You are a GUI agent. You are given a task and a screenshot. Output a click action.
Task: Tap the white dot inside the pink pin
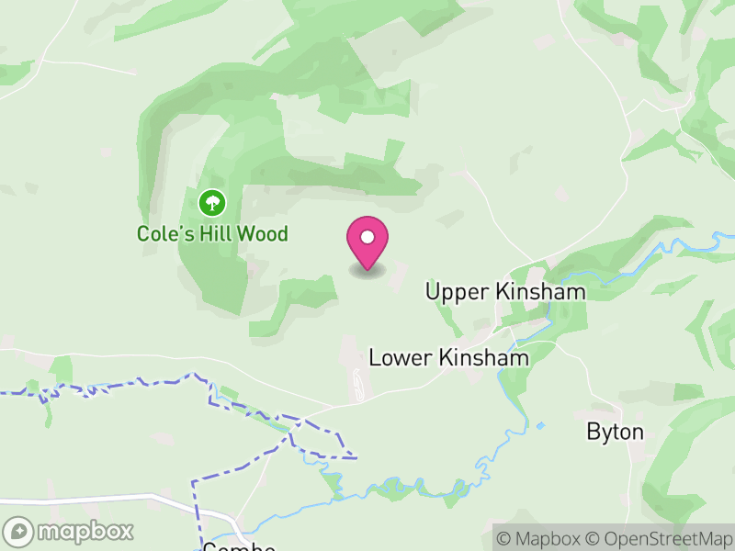367,237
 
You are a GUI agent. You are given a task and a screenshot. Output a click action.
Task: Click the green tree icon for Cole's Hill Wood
212,201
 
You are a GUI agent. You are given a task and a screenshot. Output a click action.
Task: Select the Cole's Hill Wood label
212,234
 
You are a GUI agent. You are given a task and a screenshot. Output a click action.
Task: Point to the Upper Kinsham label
505,292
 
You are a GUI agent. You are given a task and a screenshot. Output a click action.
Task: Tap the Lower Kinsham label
448,357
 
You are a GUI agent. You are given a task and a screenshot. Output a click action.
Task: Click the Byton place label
615,432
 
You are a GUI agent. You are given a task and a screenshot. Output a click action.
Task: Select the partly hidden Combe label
239,546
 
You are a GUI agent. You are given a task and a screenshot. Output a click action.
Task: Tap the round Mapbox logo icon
19,531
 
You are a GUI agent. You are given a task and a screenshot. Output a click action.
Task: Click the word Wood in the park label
263,234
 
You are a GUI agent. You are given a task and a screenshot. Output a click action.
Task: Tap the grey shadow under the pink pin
367,272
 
